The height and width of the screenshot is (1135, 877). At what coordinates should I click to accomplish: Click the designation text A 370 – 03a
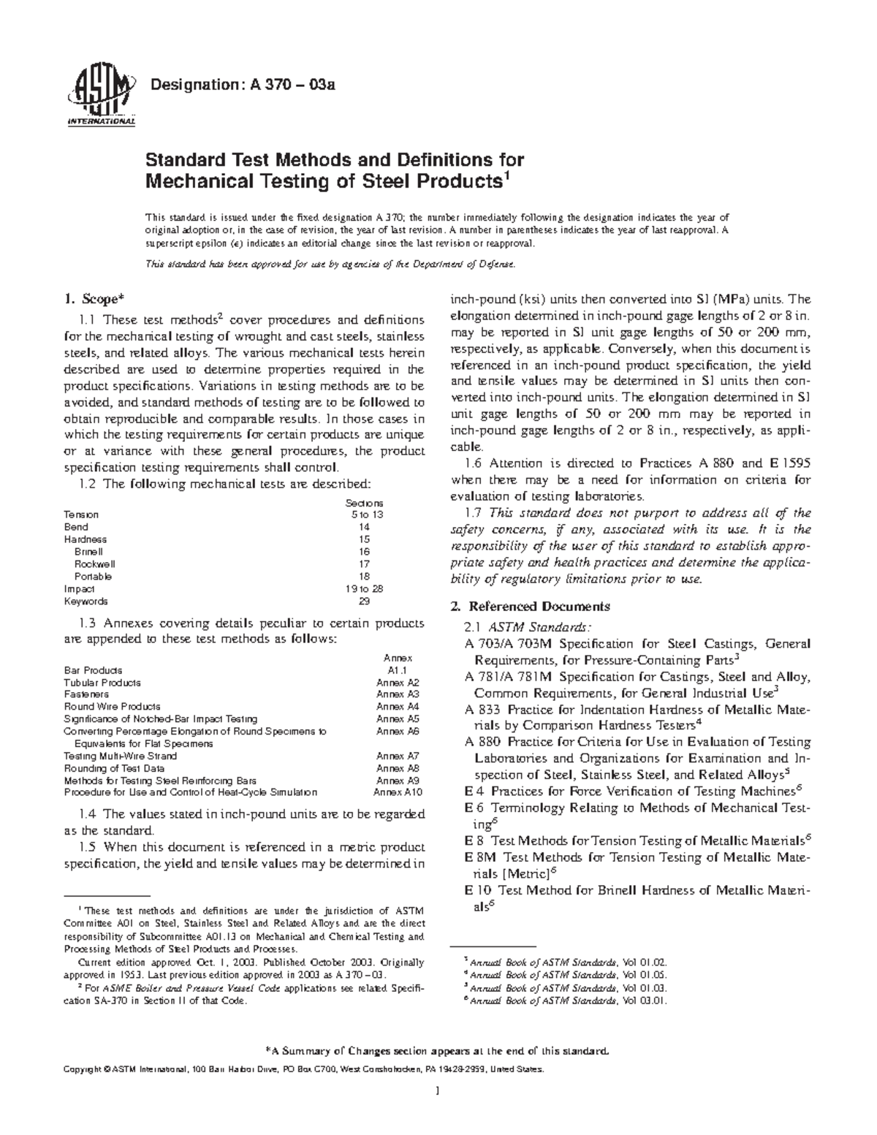click(x=242, y=86)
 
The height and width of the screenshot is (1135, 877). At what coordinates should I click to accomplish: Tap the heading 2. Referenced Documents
click(x=531, y=607)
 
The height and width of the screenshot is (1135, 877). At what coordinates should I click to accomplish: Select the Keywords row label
click(x=86, y=601)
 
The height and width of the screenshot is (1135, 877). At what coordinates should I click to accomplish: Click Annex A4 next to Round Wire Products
click(x=398, y=707)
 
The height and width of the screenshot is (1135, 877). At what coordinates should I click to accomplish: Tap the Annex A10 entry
click(x=398, y=792)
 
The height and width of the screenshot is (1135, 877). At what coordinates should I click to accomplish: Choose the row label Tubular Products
click(x=102, y=683)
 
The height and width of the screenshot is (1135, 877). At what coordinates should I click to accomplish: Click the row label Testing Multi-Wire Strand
click(x=120, y=756)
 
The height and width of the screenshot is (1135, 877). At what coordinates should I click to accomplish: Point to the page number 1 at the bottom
click(x=436, y=1112)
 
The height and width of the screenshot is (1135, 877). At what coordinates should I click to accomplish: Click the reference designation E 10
click(x=479, y=890)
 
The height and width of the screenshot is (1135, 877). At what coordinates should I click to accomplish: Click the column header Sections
click(x=365, y=503)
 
